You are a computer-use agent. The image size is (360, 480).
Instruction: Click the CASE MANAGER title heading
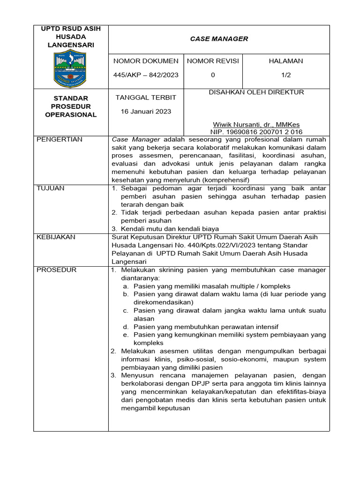pos(219,39)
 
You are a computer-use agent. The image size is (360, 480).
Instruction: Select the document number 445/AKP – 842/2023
pos(146,75)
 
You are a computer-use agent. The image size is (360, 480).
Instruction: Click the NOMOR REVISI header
pos(213,61)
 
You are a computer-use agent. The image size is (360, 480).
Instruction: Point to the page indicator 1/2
pos(285,75)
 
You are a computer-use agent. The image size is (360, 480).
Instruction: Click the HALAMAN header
pos(285,61)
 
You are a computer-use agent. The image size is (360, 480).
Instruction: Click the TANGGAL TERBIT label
pos(146,97)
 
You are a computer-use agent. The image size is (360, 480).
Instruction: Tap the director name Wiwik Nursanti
pos(256,125)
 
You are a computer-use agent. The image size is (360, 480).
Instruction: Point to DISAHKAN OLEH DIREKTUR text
pos(256,92)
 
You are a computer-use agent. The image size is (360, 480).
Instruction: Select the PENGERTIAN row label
pos(60,139)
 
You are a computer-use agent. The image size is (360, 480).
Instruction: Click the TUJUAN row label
pos(51,188)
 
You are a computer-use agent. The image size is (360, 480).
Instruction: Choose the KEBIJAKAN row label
pos(56,237)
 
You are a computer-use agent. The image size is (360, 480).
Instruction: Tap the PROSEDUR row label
pos(56,270)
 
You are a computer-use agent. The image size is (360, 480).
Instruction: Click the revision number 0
pos(213,75)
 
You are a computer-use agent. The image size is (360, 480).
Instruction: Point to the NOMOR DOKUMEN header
pos(146,61)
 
